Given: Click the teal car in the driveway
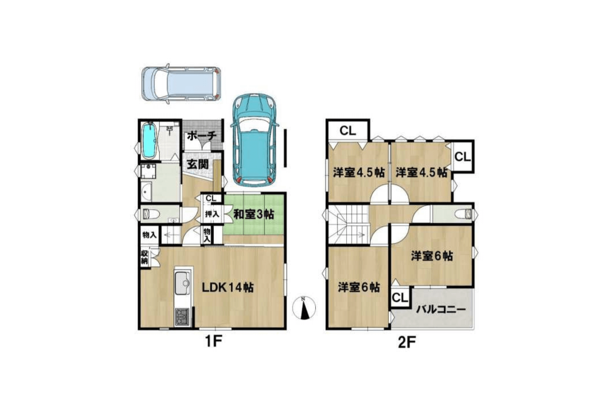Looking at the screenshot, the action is [x=254, y=140].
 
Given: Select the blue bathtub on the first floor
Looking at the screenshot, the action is [x=149, y=141].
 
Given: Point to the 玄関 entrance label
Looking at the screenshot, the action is [x=197, y=164].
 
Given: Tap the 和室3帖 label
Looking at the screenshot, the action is [x=254, y=214].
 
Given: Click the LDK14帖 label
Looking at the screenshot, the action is [x=228, y=287].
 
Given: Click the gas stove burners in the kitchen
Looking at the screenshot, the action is [x=182, y=316].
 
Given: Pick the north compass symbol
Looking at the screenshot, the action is [x=304, y=307].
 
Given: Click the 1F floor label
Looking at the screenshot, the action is [x=214, y=341].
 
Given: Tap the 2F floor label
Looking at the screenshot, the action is [x=407, y=342].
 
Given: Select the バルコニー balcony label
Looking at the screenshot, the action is [x=441, y=310].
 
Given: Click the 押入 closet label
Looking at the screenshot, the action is [x=212, y=215].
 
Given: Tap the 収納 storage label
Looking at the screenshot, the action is [x=145, y=258].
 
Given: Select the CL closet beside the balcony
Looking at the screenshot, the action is [x=400, y=298].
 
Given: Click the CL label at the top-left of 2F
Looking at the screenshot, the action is [x=348, y=131].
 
